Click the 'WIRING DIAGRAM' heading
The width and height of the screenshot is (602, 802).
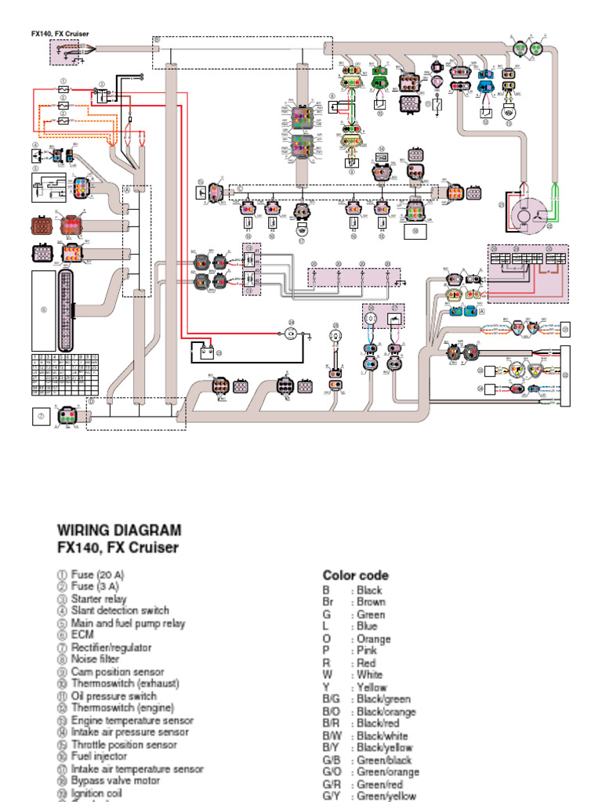[119, 530]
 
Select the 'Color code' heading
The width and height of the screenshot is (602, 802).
[355, 576]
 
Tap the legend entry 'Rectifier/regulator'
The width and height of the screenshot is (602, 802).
[111, 648]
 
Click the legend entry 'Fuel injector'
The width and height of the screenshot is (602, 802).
[99, 757]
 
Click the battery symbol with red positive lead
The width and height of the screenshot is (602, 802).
[207, 351]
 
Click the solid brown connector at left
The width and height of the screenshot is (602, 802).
[43, 226]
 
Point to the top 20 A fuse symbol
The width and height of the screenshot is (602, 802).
[63, 90]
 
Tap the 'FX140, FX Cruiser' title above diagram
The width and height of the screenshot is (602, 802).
[60, 34]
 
